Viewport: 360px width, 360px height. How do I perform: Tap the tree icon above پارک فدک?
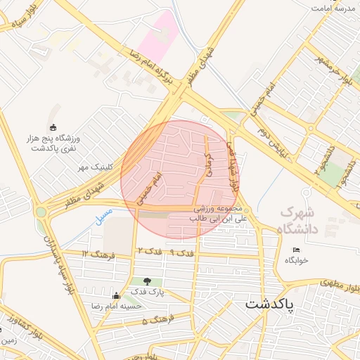[x=147, y=281]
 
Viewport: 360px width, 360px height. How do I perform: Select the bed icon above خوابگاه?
[x=296, y=250]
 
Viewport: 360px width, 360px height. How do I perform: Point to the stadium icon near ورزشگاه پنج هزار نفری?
[x=53, y=127]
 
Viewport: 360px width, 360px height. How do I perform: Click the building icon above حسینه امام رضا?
[x=116, y=295]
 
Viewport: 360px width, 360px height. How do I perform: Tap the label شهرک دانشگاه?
[x=298, y=220]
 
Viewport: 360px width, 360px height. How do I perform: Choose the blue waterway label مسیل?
[x=104, y=210]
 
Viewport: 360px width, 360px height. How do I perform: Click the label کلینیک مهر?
[x=95, y=167]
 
